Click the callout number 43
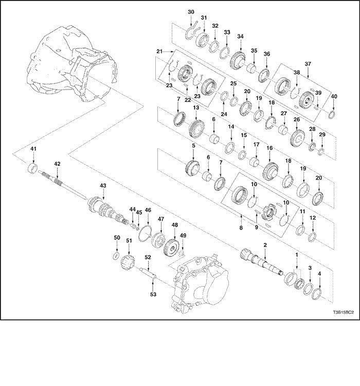coord(103,185)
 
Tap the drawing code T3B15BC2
coord(344,312)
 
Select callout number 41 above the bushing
coord(33,149)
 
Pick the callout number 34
coord(240,37)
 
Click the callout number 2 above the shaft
coord(265,245)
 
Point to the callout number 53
coord(153,294)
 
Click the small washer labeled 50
coord(116,255)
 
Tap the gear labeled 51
coord(127,262)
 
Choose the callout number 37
coord(308,64)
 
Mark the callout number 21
coord(159,51)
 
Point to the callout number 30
coord(191,12)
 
